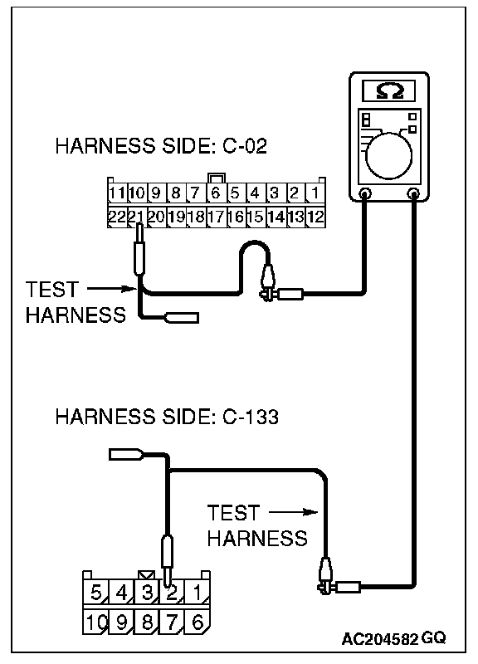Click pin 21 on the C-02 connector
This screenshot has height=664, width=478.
[137, 217]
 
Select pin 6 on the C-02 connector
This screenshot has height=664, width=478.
[216, 193]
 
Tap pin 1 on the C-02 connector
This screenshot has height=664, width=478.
[315, 193]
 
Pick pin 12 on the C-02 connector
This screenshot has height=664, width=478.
[315, 217]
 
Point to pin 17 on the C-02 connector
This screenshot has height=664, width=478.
[216, 217]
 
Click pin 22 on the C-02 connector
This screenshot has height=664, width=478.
[117, 217]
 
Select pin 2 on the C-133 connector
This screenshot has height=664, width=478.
[172, 592]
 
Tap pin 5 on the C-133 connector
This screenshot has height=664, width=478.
[95, 592]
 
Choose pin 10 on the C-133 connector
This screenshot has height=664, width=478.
[95, 622]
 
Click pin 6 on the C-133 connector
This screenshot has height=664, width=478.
[198, 622]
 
